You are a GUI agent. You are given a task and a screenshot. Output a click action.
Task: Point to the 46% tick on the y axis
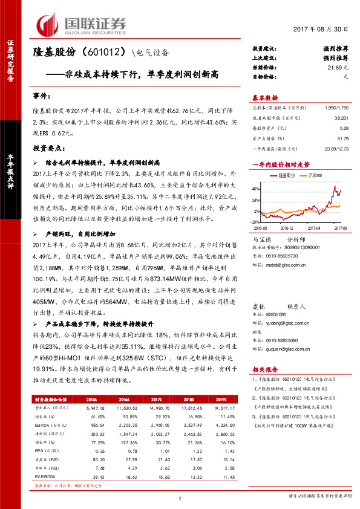[x=257, y=189]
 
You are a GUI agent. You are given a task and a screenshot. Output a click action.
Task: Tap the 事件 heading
[x=41, y=97]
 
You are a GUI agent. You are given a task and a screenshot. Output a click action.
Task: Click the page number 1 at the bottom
[x=180, y=497]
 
